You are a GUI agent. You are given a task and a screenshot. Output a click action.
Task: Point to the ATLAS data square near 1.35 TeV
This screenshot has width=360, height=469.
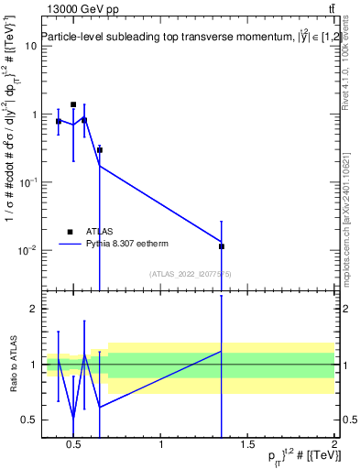(x=222, y=246)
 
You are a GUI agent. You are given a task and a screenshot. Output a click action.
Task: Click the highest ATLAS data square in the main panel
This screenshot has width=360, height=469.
(x=73, y=104)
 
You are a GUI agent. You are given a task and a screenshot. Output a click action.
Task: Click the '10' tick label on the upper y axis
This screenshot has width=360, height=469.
(x=30, y=46)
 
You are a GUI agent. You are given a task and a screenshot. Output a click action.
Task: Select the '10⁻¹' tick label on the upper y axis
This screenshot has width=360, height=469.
(x=27, y=181)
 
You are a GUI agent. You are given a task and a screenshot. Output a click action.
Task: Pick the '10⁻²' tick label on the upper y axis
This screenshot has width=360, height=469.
(x=27, y=250)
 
